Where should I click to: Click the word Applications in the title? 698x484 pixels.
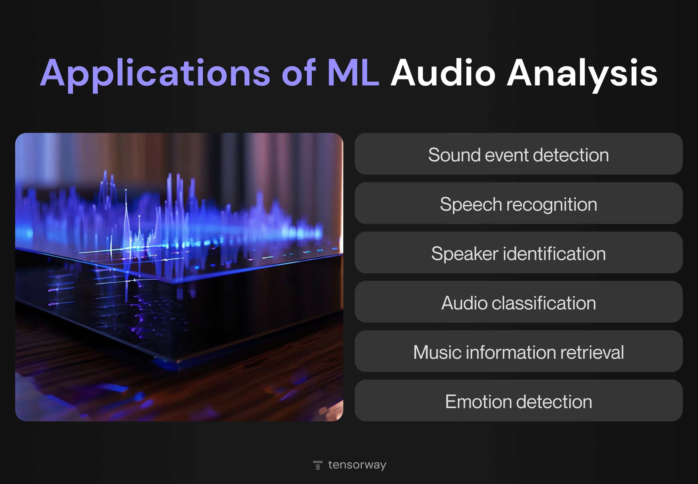[155, 74]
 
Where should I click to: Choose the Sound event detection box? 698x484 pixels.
[518, 154]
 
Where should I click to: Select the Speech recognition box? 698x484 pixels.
[518, 203]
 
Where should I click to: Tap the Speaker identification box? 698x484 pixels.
[518, 252]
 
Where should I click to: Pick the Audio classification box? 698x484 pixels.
[518, 302]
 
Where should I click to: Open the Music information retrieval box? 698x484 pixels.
[518, 351]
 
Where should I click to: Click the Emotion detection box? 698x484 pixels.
[518, 400]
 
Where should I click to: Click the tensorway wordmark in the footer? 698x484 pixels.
[357, 465]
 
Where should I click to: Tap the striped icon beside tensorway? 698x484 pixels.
[318, 465]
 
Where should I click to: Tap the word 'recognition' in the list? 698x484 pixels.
[552, 205]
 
